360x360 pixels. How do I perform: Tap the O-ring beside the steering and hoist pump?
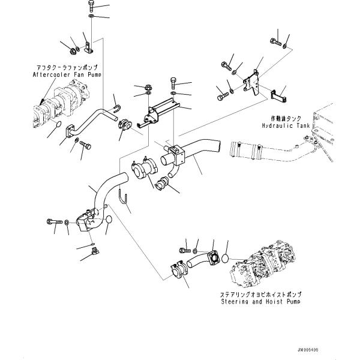pyautogui.click(x=225, y=259)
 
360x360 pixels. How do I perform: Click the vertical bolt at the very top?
pyautogui.click(x=90, y=8)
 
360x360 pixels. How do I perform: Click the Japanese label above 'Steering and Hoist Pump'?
pyautogui.click(x=261, y=295)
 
